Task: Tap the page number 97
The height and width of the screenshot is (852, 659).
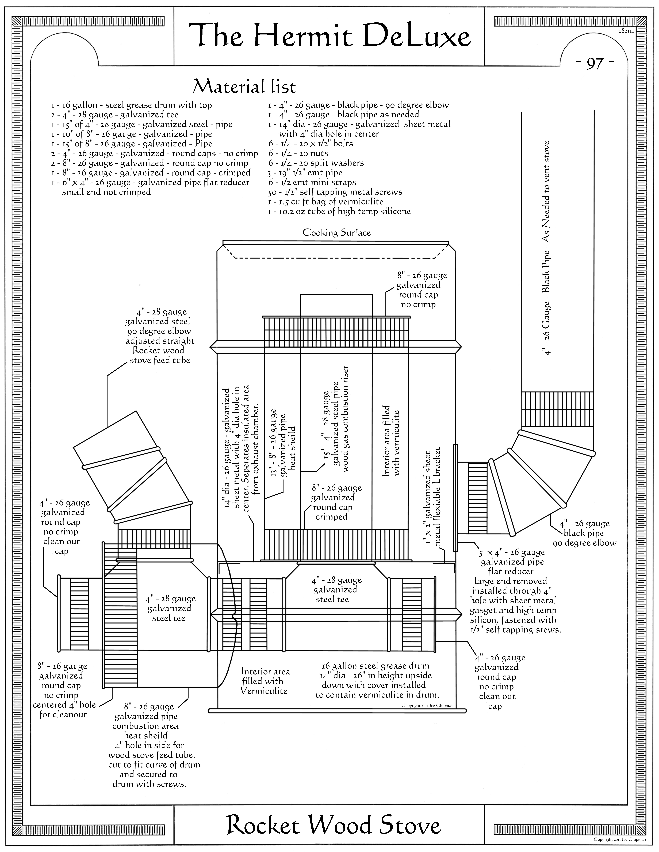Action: [x=595, y=63]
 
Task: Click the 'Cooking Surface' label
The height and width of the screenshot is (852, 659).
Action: [x=336, y=233]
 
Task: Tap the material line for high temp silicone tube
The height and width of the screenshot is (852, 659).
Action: [x=339, y=211]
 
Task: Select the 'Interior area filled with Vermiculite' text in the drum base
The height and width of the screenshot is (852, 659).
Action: [x=266, y=681]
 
